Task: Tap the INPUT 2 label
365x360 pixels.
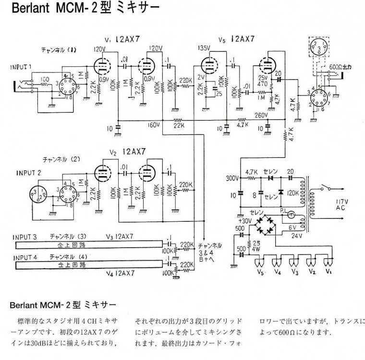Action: point(29,172)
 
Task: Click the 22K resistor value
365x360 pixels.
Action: point(179,126)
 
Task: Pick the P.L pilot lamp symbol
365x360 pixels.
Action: point(291,216)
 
